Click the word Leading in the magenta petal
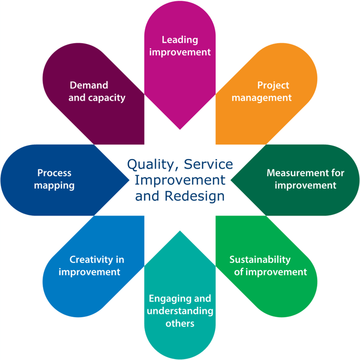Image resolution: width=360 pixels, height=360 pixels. point(180,40)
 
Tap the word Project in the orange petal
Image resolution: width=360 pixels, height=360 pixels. point(273,85)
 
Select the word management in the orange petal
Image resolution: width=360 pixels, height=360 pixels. point(261,97)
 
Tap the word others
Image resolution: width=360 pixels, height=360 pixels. point(180,323)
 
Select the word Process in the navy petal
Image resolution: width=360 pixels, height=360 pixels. point(54,173)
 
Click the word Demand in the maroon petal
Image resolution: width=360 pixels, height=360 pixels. point(89,85)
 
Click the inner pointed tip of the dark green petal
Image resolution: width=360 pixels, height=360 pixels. point(232,180)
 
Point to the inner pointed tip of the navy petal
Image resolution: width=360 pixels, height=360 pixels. point(129,180)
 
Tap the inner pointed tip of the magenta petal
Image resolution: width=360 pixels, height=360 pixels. point(180,129)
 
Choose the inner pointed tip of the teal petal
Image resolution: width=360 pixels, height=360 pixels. point(180,231)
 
